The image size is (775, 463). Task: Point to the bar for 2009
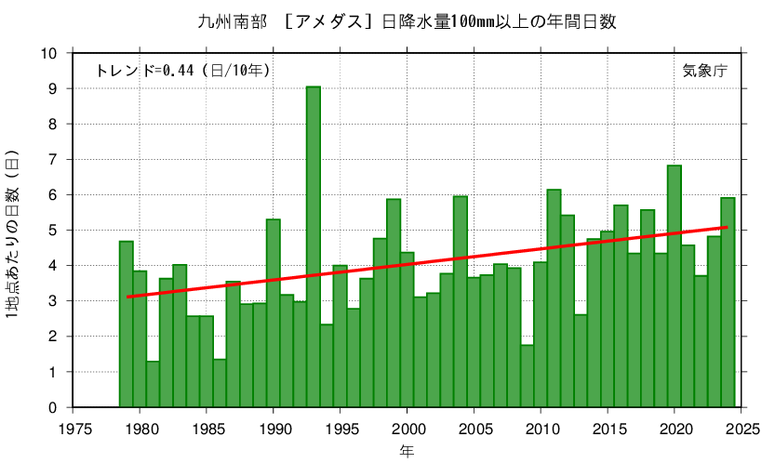tap(527, 376)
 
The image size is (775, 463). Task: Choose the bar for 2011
tap(554, 298)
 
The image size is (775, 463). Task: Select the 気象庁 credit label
tap(704, 71)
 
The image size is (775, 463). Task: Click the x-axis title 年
tap(408, 451)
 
